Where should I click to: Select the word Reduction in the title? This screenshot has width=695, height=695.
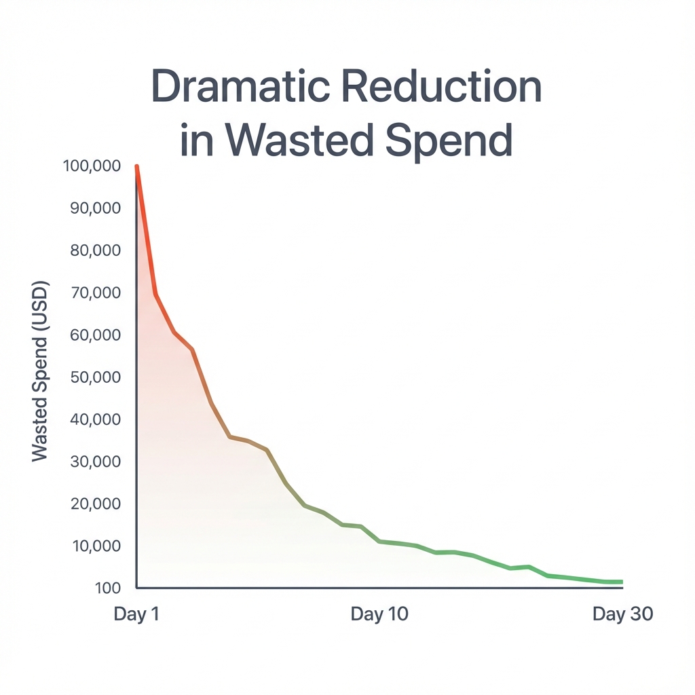pos(448,86)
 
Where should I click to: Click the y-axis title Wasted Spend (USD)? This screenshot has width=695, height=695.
pos(40,371)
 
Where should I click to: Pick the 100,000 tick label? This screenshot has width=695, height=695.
pos(92,166)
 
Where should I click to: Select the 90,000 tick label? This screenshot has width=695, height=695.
pos(96,208)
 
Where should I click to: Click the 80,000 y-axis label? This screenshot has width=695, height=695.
pos(96,250)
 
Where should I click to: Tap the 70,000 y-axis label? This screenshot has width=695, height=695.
pos(96,293)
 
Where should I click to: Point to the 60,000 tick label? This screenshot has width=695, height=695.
pos(96,335)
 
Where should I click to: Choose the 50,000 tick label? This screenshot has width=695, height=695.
pos(96,377)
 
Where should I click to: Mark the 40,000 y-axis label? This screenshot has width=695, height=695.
pos(96,419)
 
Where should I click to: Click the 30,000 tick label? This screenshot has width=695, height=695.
pos(96,462)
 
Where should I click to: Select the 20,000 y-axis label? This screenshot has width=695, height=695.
pos(96,504)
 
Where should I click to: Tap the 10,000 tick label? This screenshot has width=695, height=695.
pos(96,546)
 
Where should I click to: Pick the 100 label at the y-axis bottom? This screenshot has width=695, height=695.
pos(109,588)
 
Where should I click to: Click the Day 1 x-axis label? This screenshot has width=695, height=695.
pos(136,614)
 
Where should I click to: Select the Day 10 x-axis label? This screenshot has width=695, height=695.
pos(379,614)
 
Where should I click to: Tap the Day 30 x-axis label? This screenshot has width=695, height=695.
pos(622,614)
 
